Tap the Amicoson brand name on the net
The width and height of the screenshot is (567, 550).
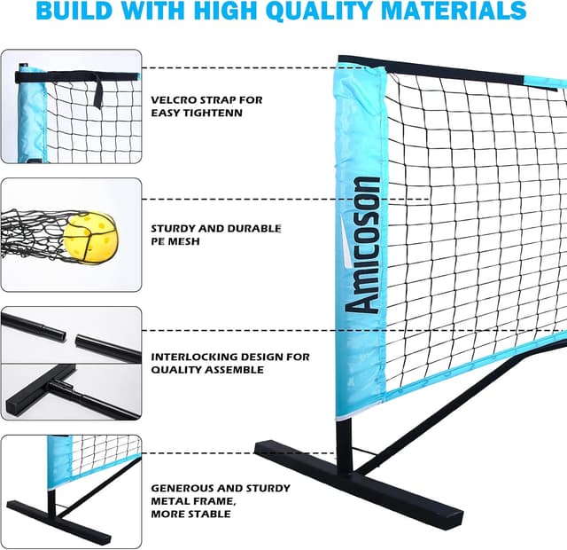click(x=364, y=244)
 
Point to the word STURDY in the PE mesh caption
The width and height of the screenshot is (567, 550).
click(x=175, y=228)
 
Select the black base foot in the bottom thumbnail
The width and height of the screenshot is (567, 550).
click(x=58, y=520)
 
